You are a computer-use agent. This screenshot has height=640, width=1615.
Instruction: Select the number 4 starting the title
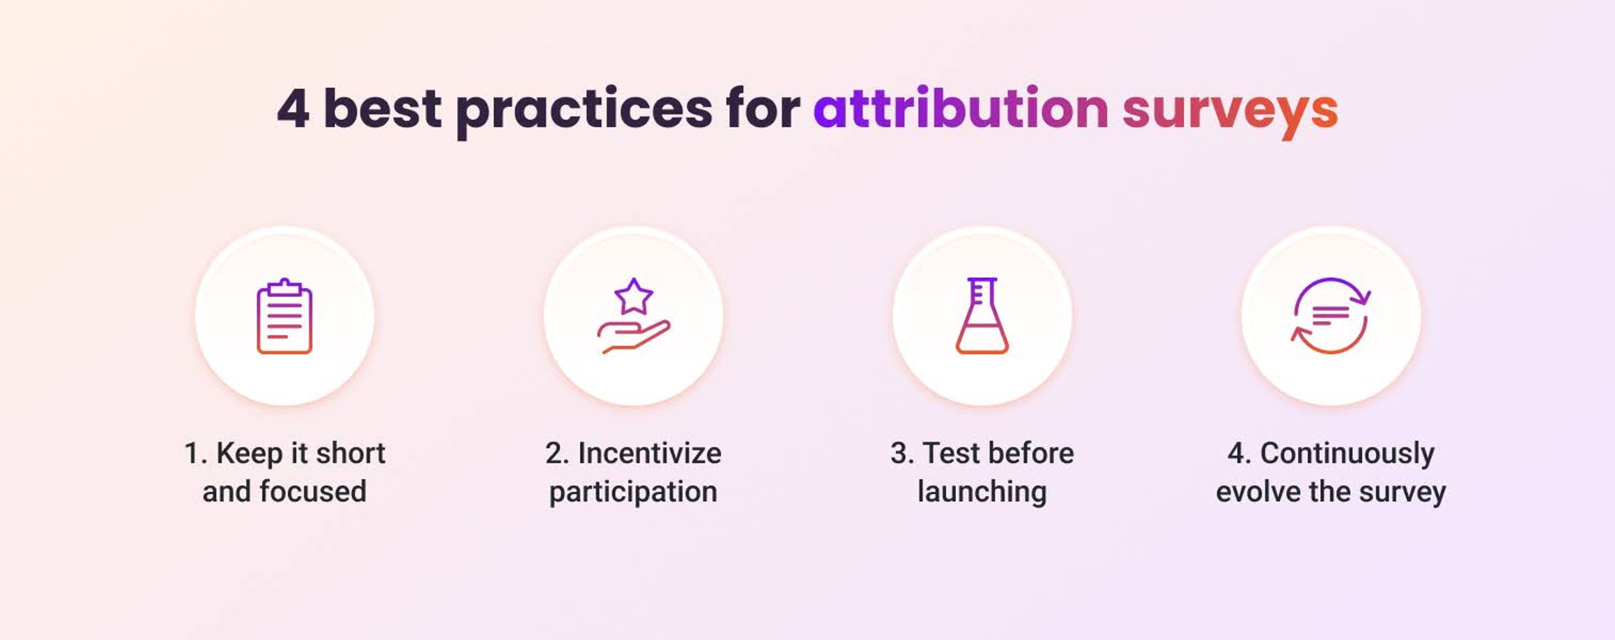(x=293, y=109)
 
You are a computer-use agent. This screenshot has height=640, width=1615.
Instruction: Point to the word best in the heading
(x=382, y=109)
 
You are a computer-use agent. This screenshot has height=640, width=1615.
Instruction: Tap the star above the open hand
(x=633, y=296)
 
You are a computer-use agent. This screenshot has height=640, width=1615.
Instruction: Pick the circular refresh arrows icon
(x=1330, y=316)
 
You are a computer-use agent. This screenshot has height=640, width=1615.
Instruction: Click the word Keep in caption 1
(x=249, y=454)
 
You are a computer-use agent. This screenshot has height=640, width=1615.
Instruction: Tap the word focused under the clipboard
(x=313, y=492)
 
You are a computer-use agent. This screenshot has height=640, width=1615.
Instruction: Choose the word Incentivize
(x=649, y=453)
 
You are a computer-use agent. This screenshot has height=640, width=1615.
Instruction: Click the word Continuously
(x=1347, y=454)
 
